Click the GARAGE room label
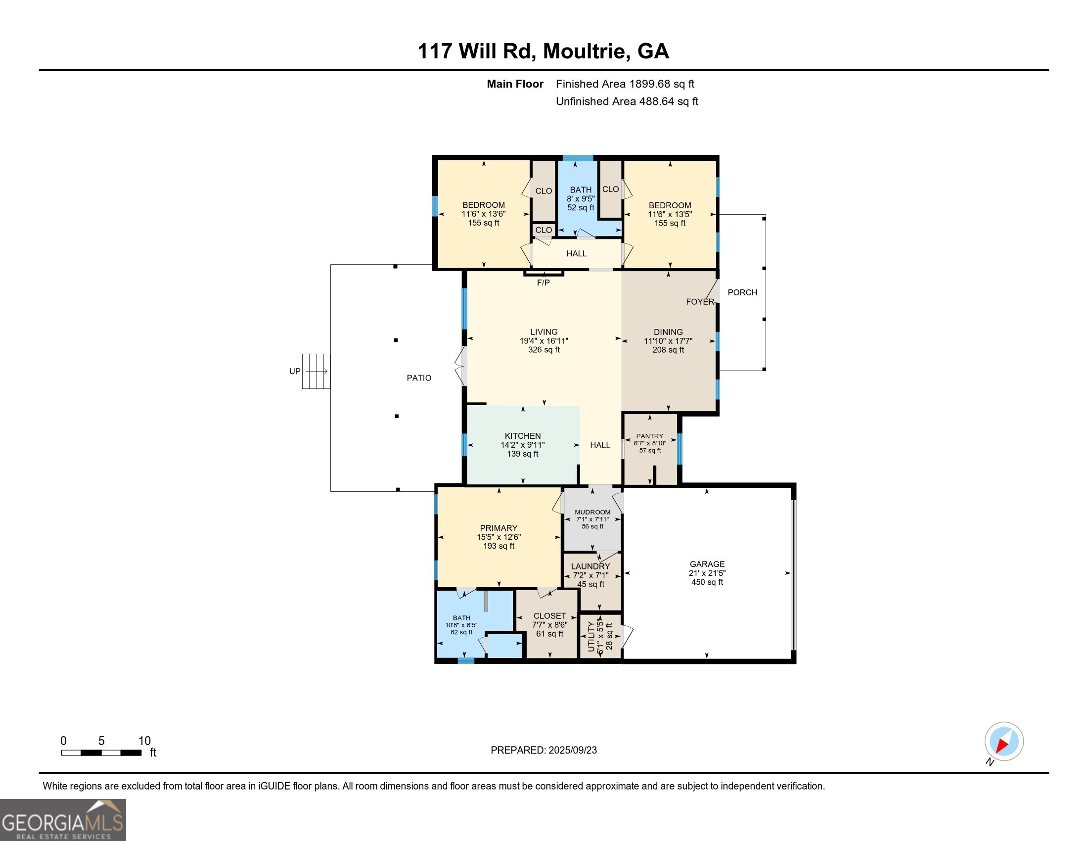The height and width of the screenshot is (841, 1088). pos(707,564)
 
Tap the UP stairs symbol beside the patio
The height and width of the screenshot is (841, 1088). pos(317,371)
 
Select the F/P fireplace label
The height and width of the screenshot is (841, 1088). pos(543,282)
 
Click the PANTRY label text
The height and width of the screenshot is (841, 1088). pos(650,436)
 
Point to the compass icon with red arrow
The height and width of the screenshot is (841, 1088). pos(1004,742)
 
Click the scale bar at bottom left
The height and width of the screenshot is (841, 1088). pos(101,752)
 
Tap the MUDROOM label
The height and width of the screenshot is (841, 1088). pos(592,512)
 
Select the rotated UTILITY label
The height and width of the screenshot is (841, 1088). pos(591,636)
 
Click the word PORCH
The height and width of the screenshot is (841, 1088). pos(742,292)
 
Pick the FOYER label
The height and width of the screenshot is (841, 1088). pos(700,301)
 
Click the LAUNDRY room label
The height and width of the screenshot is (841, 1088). pos(590,566)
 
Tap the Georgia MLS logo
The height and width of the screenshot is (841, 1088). pos(63,820)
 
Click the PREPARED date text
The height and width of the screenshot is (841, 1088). pos(544,750)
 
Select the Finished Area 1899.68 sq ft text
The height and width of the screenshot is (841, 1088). pos(625,84)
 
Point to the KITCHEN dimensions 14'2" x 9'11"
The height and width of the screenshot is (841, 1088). pos(523,445)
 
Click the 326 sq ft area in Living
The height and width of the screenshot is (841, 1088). pos(544,350)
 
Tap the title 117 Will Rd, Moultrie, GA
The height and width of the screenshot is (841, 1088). pos(543,51)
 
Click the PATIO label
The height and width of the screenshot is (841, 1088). pos(419,377)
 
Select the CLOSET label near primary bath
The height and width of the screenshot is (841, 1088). pos(549,616)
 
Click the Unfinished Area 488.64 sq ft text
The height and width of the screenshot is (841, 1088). pos(627,101)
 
